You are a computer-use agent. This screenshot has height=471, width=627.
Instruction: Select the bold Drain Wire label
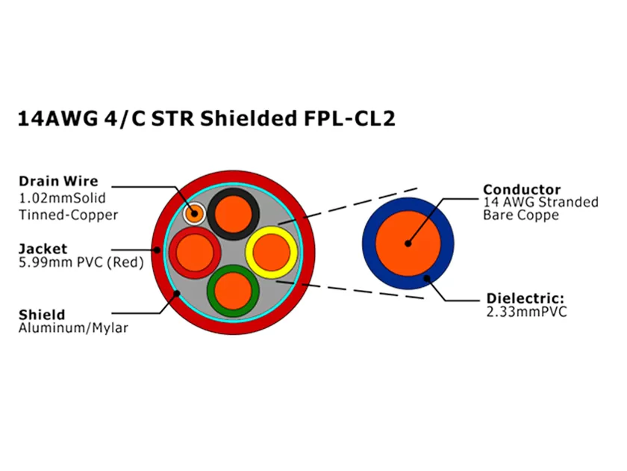pyautogui.click(x=58, y=182)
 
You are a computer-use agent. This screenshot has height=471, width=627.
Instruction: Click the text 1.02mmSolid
pyautogui.click(x=62, y=199)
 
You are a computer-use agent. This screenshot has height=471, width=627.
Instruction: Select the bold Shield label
pyautogui.click(x=41, y=314)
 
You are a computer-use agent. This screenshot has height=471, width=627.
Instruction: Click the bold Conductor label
pyautogui.click(x=522, y=189)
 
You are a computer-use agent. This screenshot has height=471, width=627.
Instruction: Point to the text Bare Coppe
pyautogui.click(x=521, y=216)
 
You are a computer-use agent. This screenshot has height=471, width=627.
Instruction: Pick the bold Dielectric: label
pyautogui.click(x=525, y=298)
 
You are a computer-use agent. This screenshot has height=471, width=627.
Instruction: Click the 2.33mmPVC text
pyautogui.click(x=526, y=312)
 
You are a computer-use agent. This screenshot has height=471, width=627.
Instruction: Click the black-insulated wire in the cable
pyautogui.click(x=234, y=213)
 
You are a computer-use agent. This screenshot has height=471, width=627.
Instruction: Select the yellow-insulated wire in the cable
pyautogui.click(x=270, y=251)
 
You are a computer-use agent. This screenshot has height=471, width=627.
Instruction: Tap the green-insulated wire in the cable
pyautogui.click(x=232, y=290)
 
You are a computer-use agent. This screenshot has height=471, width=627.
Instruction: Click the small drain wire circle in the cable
pyautogui.click(x=195, y=212)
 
